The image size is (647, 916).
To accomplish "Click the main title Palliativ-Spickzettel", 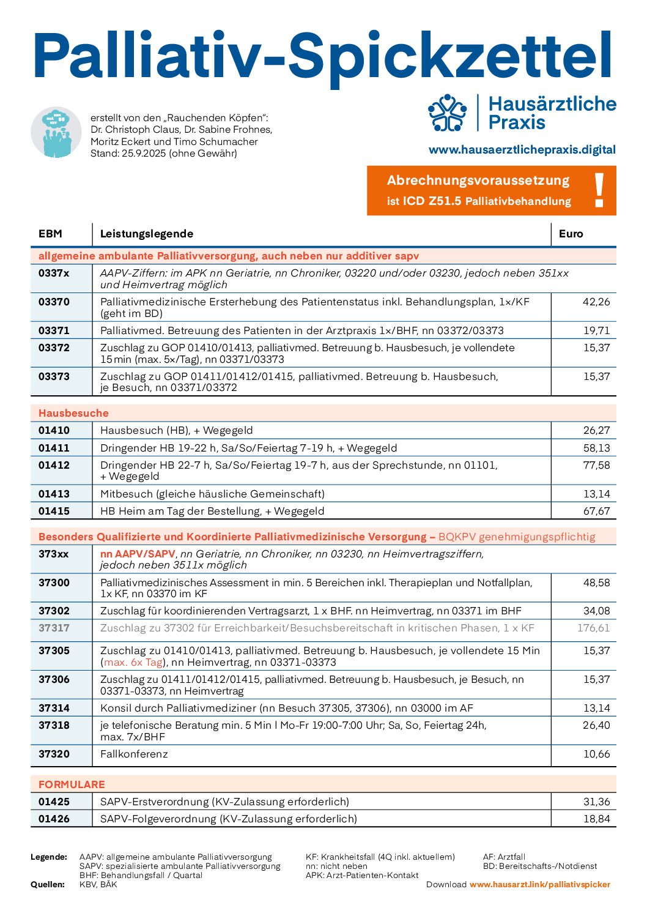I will (x=323, y=56).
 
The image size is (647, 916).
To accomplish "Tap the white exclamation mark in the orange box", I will (x=599, y=190).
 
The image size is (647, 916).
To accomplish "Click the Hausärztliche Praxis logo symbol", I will (x=448, y=113).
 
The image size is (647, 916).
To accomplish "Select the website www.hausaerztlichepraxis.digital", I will (x=522, y=150).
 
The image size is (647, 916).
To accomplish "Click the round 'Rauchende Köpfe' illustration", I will (x=56, y=132).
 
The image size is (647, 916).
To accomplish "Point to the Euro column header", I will (x=571, y=234).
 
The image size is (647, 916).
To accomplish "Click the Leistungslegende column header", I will (x=147, y=234).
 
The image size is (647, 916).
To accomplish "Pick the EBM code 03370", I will (x=54, y=302).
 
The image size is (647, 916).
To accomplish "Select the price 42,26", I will (x=596, y=302).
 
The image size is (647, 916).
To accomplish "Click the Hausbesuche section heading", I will (x=73, y=413).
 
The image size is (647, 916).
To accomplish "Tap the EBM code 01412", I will (x=54, y=465).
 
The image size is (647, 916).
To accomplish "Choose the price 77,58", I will (x=596, y=465).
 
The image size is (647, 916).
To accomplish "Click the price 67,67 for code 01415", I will (x=596, y=511).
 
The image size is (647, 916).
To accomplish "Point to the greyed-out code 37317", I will (x=54, y=628).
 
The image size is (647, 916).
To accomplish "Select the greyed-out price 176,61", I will (x=593, y=628).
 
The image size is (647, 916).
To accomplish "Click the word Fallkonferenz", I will (x=134, y=754).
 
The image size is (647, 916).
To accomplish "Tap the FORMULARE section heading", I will (x=72, y=784).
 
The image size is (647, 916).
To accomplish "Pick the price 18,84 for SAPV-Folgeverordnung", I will (x=596, y=819).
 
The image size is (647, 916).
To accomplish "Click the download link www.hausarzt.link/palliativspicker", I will (x=540, y=884).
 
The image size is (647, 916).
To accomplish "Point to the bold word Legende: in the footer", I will (x=49, y=857).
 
